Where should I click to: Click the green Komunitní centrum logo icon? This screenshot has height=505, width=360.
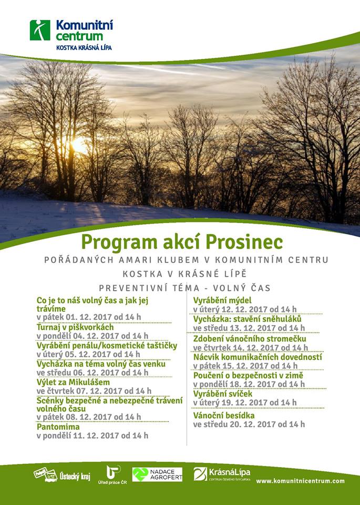[x=40, y=30]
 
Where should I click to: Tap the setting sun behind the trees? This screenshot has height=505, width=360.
[x=79, y=145]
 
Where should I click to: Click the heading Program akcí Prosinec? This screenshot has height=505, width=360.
[x=181, y=241]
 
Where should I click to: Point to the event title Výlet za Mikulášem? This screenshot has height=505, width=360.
[x=73, y=382]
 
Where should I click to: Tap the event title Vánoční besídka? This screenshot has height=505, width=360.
[x=224, y=415]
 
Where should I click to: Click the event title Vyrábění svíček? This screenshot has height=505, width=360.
[x=223, y=393]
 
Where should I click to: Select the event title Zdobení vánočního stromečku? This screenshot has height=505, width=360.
[x=250, y=339]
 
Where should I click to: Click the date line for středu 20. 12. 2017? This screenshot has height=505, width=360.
[x=249, y=424]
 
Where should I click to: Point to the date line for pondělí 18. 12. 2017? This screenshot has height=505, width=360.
[x=249, y=385]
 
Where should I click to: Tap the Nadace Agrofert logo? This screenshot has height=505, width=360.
[x=157, y=474]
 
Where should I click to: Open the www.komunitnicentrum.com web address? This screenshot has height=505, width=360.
[x=301, y=481]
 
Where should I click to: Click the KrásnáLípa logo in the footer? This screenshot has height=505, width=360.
[x=221, y=473]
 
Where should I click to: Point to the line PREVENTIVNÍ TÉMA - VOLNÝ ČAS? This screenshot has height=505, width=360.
[x=184, y=288]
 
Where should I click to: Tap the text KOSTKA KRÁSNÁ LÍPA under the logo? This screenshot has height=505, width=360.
[x=84, y=47]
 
